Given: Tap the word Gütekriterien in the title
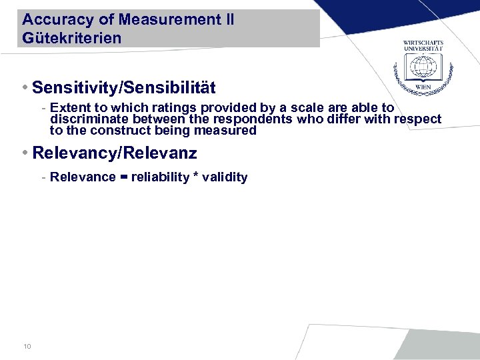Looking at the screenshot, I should coord(72,38).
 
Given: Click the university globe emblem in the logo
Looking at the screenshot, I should coord(423,69).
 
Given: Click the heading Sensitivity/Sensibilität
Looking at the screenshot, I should coord(123,87).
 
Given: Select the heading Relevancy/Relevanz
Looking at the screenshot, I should coord(114,153).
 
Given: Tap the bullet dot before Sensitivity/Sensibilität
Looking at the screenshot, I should coord(25,87).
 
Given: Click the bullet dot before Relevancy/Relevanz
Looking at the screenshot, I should coord(25,153).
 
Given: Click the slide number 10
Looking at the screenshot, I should coord(27,346).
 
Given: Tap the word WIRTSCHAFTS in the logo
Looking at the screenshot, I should coord(423,43).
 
